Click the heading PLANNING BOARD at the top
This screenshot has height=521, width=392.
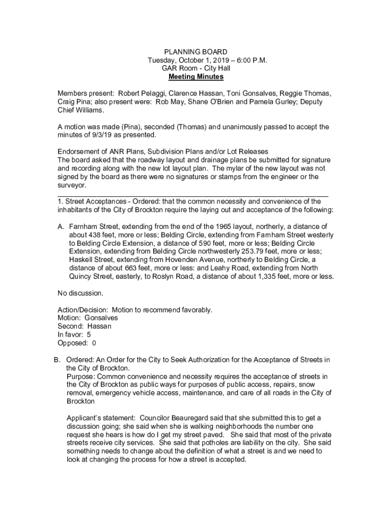click(195, 52)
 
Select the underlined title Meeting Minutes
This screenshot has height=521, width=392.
click(195, 77)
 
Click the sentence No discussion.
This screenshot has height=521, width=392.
click(80, 293)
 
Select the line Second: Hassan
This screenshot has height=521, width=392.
click(85, 326)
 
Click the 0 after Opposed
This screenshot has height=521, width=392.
click(94, 343)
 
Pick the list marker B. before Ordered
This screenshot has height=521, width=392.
click(58, 360)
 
